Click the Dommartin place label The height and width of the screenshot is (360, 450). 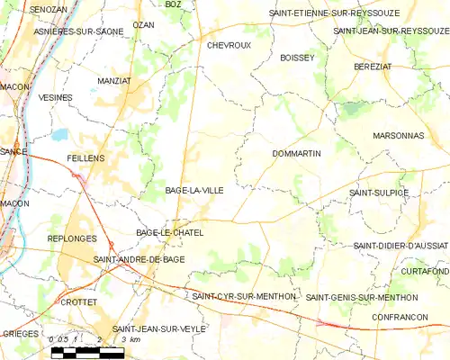[296, 154]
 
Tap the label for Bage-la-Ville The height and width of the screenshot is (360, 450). [194, 191]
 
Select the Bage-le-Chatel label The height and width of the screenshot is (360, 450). [169, 233]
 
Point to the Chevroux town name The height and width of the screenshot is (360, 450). [229, 44]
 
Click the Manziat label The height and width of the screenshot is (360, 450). [114, 80]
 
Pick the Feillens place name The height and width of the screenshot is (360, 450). [85, 157]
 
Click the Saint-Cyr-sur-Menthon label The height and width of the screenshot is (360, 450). [244, 295]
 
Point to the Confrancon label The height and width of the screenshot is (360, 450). [400, 318]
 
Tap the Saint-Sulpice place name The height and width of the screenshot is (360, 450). [379, 193]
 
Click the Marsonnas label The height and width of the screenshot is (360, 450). [398, 136]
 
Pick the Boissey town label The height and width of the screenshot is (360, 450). [297, 57]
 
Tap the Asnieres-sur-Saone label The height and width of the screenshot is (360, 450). [55, 31]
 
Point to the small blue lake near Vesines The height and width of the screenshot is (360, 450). [59, 134]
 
